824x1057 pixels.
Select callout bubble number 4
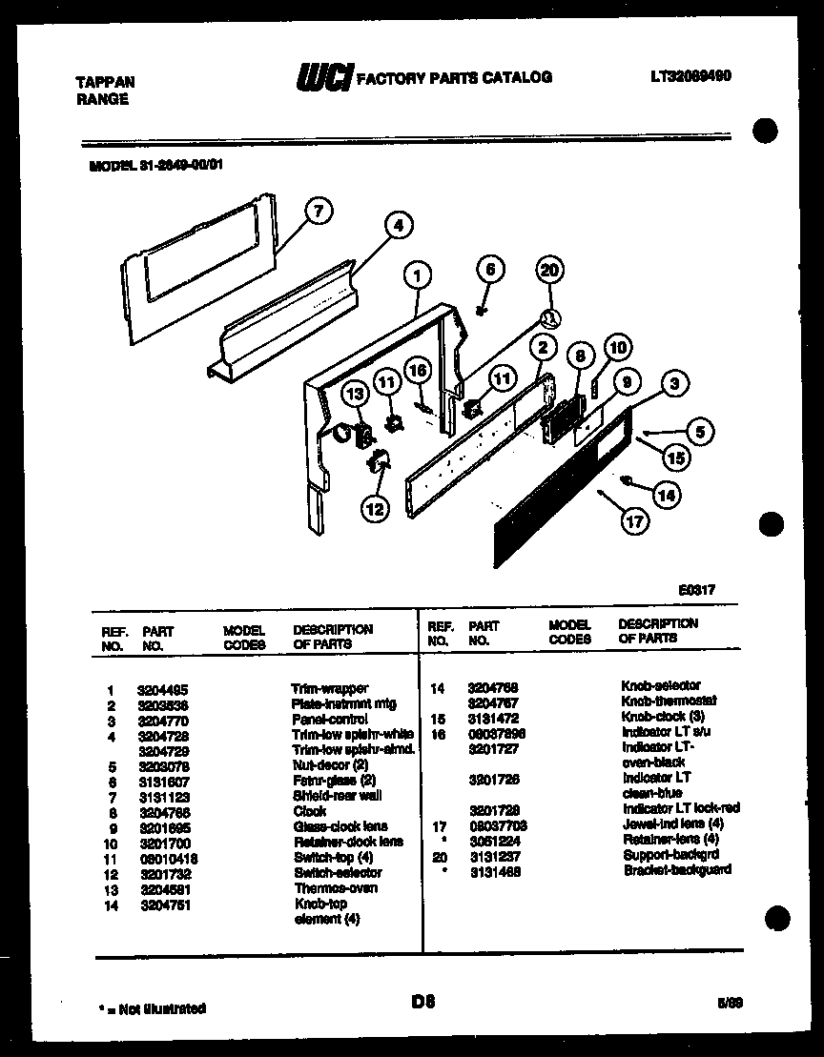pyautogui.click(x=398, y=226)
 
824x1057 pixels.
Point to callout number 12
pyautogui.click(x=375, y=510)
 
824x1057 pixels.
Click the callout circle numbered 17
pyautogui.click(x=632, y=522)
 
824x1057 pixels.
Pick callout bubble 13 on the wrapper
pyautogui.click(x=355, y=393)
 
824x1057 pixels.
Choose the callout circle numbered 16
pyautogui.click(x=416, y=372)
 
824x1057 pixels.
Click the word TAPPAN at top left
pyautogui.click(x=105, y=83)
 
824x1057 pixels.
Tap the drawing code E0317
pyautogui.click(x=698, y=591)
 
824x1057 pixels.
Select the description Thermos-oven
pyautogui.click(x=336, y=887)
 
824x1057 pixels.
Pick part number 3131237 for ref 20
pyautogui.click(x=495, y=856)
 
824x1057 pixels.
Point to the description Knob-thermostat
pyautogui.click(x=669, y=701)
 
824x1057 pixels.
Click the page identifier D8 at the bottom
pyautogui.click(x=423, y=1001)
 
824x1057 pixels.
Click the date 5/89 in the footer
pyautogui.click(x=730, y=1003)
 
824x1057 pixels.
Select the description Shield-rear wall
pyautogui.click(x=338, y=796)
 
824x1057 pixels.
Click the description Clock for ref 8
pyautogui.click(x=310, y=811)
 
